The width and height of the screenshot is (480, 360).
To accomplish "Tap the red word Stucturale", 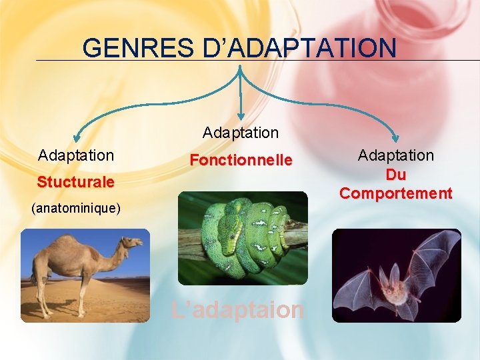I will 75,182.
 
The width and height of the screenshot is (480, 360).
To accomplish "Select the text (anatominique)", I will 76,209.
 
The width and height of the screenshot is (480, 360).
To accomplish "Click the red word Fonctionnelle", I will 241,161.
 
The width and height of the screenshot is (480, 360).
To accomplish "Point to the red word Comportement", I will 395,194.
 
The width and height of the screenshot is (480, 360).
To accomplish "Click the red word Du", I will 395,175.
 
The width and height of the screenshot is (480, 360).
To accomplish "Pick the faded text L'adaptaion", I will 237,310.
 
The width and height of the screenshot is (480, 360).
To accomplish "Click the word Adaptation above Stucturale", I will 76,155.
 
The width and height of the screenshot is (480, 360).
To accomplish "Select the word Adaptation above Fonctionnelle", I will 241,133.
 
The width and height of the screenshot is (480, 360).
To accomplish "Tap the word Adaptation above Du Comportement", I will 395,155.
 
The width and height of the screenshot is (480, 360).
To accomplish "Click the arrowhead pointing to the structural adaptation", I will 79,134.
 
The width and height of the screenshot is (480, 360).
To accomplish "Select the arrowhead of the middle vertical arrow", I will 241,117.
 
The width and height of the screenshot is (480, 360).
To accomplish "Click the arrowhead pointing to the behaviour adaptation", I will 396,134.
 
